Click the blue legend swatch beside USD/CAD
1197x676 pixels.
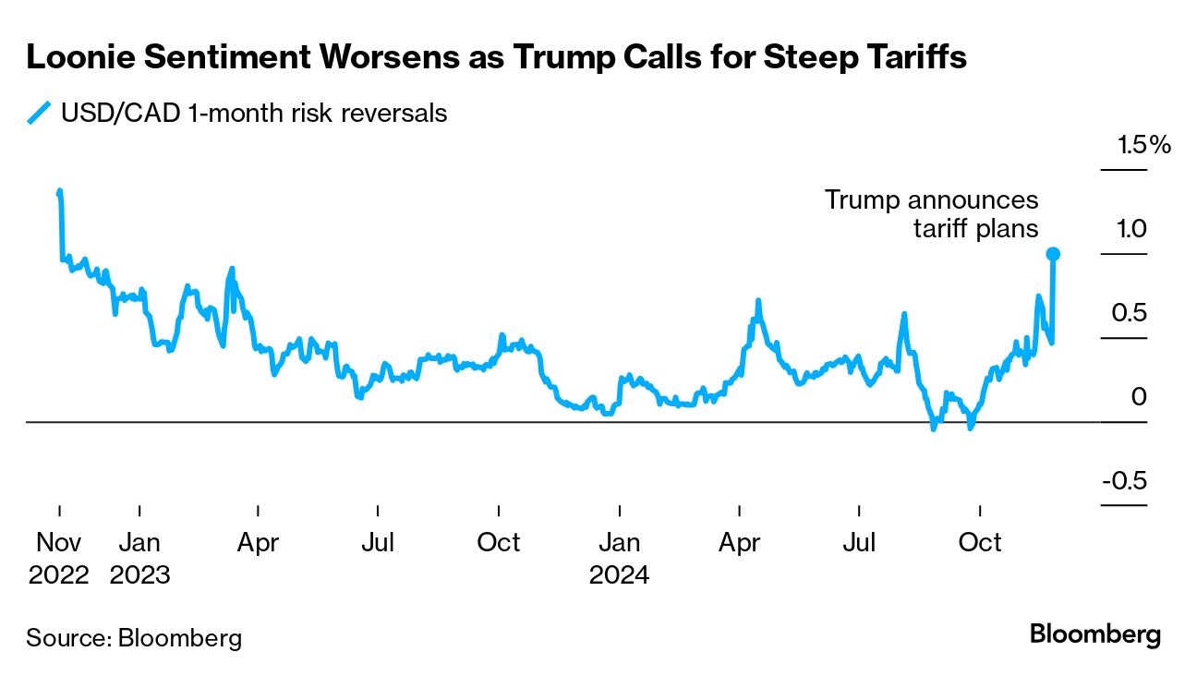point(39,114)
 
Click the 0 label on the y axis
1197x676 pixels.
point(1139,397)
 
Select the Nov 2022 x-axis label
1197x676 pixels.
point(59,558)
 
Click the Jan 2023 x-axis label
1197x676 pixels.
point(139,558)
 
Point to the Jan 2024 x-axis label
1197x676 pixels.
point(620,558)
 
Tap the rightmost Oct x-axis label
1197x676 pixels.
point(980,542)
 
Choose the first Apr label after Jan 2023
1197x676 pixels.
point(258,542)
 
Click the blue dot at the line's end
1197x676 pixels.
point(1052,254)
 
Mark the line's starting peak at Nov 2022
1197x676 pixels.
point(60,192)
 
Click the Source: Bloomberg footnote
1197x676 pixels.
point(134,637)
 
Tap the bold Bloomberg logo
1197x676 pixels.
point(1094,635)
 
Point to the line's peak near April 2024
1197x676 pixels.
point(758,301)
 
